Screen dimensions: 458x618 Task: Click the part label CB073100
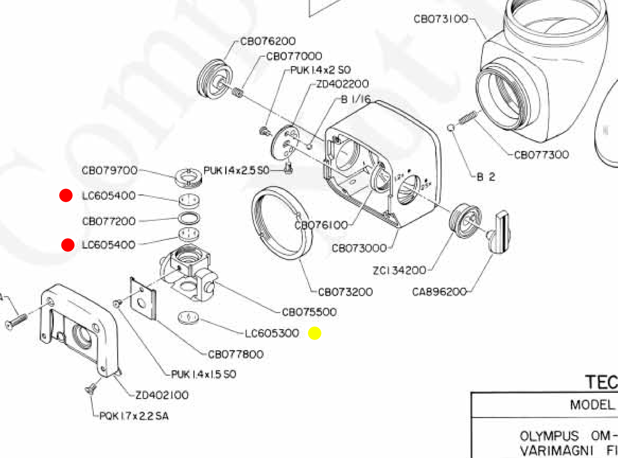pyautogui.click(x=441, y=19)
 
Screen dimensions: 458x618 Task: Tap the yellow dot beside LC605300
pyautogui.click(x=314, y=333)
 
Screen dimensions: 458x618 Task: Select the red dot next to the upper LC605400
pyautogui.click(x=66, y=195)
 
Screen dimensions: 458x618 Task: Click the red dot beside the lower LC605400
pyautogui.click(x=68, y=245)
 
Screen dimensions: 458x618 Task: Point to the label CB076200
pyautogui.click(x=267, y=41)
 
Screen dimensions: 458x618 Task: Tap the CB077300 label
pyautogui.click(x=541, y=155)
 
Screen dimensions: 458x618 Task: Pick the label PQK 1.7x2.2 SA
pyautogui.click(x=134, y=416)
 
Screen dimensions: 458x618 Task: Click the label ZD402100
pyautogui.click(x=162, y=395)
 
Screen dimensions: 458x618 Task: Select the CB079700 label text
pyautogui.click(x=110, y=170)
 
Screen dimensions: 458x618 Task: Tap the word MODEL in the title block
pyautogui.click(x=592, y=405)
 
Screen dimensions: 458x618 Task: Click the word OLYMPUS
pyautogui.click(x=549, y=436)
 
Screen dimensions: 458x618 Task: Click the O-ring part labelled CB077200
pyautogui.click(x=189, y=218)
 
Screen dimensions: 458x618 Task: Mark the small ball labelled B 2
pyautogui.click(x=450, y=128)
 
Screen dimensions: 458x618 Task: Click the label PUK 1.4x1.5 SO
pyautogui.click(x=204, y=374)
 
